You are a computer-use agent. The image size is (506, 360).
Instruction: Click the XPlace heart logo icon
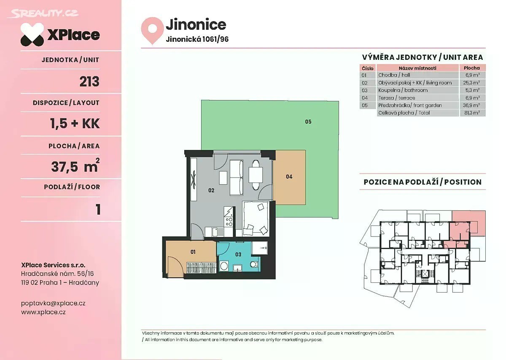coord(32,34)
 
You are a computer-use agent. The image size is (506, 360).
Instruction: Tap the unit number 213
coord(89,81)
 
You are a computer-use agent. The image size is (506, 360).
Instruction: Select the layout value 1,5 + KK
coord(75,124)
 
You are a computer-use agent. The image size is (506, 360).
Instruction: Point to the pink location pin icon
coord(153,30)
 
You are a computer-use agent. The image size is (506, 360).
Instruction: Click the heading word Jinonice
coord(196,24)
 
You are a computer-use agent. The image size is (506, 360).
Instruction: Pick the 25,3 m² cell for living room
coord(472,83)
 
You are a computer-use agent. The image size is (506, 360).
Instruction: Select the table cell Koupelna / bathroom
coord(403,90)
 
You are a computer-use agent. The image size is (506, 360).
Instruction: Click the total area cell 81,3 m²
coord(472,113)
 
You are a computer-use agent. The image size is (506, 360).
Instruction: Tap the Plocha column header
coord(472,68)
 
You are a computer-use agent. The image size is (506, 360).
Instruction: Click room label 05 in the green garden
coord(308,122)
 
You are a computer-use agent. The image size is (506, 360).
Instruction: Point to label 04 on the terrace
coord(289,177)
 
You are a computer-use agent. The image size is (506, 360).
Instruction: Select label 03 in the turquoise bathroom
coord(238,255)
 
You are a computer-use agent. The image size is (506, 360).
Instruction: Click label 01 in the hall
coord(193,252)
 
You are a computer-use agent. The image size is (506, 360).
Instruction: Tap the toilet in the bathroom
coord(254,264)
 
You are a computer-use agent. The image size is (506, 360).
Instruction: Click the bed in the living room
coord(256,218)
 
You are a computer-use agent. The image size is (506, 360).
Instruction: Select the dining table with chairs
coord(256,175)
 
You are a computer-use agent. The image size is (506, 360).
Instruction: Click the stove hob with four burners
coord(229,222)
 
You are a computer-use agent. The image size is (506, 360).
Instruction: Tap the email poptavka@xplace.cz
coord(53,303)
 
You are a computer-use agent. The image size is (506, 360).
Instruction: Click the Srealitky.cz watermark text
coord(43,13)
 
